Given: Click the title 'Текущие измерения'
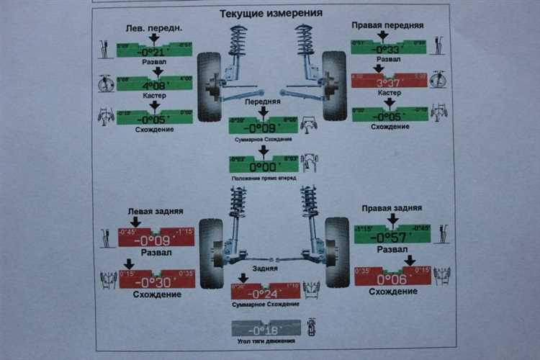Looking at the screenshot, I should coord(270,13).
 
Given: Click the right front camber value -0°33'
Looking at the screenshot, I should coord(387,48).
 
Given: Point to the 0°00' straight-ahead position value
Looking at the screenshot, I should coord(264,163).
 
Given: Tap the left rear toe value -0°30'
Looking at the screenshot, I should coord(156,282).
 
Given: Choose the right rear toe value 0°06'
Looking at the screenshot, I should coord(392,279).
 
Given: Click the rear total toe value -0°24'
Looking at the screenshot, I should coord(264,292).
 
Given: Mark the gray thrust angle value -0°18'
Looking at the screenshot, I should coord(266,329).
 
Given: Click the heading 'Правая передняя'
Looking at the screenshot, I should coord(387,24).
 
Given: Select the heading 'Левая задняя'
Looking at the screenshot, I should coord(155,212).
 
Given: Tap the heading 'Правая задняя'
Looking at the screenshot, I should coord(392,208).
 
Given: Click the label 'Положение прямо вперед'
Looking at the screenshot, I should coord(264,178).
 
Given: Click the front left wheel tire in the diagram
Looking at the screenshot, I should coord(210,86).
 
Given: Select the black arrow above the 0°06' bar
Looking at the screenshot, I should coord(409,260).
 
